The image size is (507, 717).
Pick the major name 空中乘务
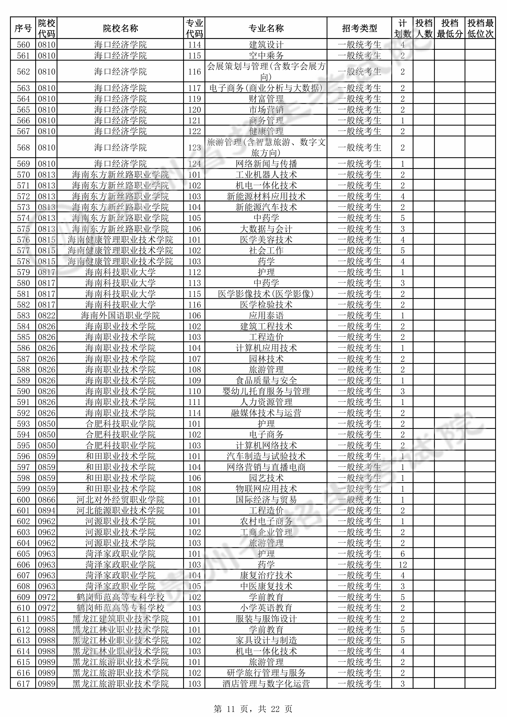click(266, 56)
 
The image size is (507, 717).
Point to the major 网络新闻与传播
click(266, 164)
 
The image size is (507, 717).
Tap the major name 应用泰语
click(266, 315)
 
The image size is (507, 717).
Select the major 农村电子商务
click(266, 521)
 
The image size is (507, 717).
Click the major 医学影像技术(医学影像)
click(266, 294)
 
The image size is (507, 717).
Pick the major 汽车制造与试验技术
click(266, 456)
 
